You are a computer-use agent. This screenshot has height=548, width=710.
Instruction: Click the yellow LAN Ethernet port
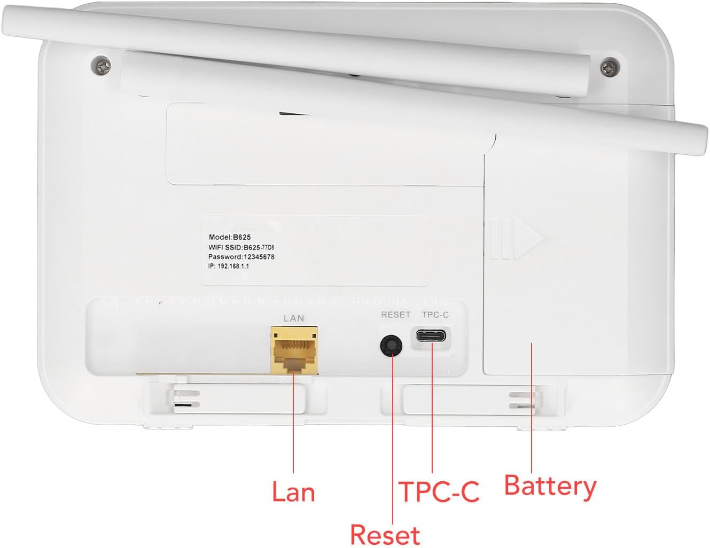[x=294, y=350]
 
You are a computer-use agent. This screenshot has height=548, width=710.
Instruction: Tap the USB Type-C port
[x=431, y=335]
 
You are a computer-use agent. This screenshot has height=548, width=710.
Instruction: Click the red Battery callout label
[x=550, y=487]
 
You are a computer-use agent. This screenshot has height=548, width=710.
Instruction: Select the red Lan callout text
[x=293, y=492]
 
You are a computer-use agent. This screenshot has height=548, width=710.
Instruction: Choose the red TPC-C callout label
[x=439, y=491]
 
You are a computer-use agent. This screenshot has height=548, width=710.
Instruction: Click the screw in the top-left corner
[x=101, y=65]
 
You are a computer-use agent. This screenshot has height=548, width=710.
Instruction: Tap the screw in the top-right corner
[x=610, y=67]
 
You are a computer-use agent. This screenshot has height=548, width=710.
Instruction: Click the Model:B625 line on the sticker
[x=230, y=237]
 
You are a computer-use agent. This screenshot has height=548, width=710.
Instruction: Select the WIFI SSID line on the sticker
[x=241, y=247]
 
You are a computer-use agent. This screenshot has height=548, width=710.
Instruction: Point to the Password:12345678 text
[x=241, y=257]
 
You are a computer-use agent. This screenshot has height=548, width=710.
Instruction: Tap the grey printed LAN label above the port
[x=294, y=318]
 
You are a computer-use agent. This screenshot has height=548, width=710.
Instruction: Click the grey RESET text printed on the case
[x=396, y=315]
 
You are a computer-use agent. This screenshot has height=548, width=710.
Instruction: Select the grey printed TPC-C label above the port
[x=435, y=315]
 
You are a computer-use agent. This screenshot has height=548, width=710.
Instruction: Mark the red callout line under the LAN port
[x=293, y=421]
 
